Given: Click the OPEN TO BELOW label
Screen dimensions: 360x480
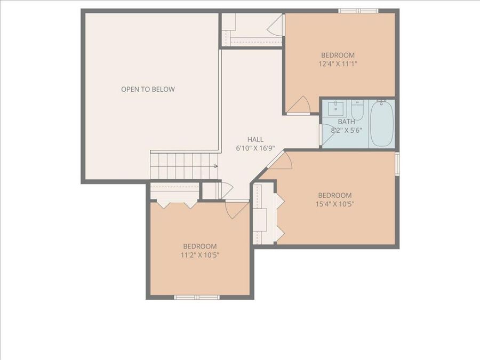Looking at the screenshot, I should [x=148, y=89].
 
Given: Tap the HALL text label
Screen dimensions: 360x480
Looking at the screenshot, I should [x=255, y=139].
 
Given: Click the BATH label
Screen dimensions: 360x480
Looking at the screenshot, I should [x=346, y=122].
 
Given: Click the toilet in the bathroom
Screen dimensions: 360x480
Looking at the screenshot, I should [x=357, y=110].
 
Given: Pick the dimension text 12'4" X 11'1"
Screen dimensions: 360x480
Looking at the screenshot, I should [x=338, y=63].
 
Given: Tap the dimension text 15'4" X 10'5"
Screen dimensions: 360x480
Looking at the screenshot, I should [x=334, y=204].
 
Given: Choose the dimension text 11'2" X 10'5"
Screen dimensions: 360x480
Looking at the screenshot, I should [x=200, y=254].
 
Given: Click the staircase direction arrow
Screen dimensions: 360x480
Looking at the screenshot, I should [x=215, y=166].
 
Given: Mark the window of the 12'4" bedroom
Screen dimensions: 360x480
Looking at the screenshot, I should [x=358, y=11].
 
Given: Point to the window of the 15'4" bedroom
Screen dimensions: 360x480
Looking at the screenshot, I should [x=397, y=163].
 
